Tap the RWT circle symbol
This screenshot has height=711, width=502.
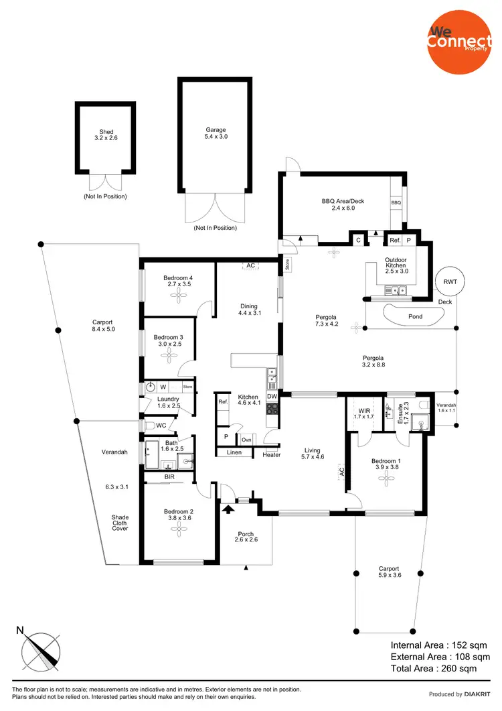pos(449,281)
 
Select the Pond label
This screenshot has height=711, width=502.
pos(415,316)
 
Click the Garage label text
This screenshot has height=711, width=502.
pos(216,130)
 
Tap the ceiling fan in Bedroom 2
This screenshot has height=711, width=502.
pos(179,529)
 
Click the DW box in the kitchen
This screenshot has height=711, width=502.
pos(272,397)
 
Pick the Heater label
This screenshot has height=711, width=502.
pos(272,455)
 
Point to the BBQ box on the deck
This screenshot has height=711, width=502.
pos(396,202)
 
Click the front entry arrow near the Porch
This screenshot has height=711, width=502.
pos(229,509)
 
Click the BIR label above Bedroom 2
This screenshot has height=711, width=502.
pos(169,477)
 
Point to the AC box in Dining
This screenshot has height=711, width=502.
pos(250,266)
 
